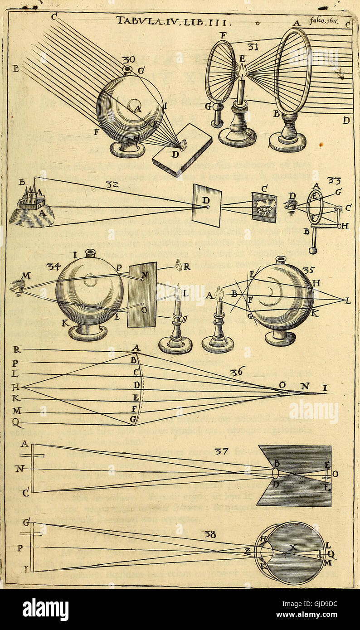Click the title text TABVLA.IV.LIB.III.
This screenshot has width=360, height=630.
[175, 20]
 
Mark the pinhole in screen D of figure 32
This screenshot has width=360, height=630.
[207, 207]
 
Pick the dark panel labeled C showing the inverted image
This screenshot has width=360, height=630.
[264, 207]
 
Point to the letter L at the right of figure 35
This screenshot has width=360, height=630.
[347, 300]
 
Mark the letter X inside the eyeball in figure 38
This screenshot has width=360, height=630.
[293, 548]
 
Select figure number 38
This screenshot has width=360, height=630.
[210, 534]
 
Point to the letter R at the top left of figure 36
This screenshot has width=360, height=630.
[16, 350]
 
